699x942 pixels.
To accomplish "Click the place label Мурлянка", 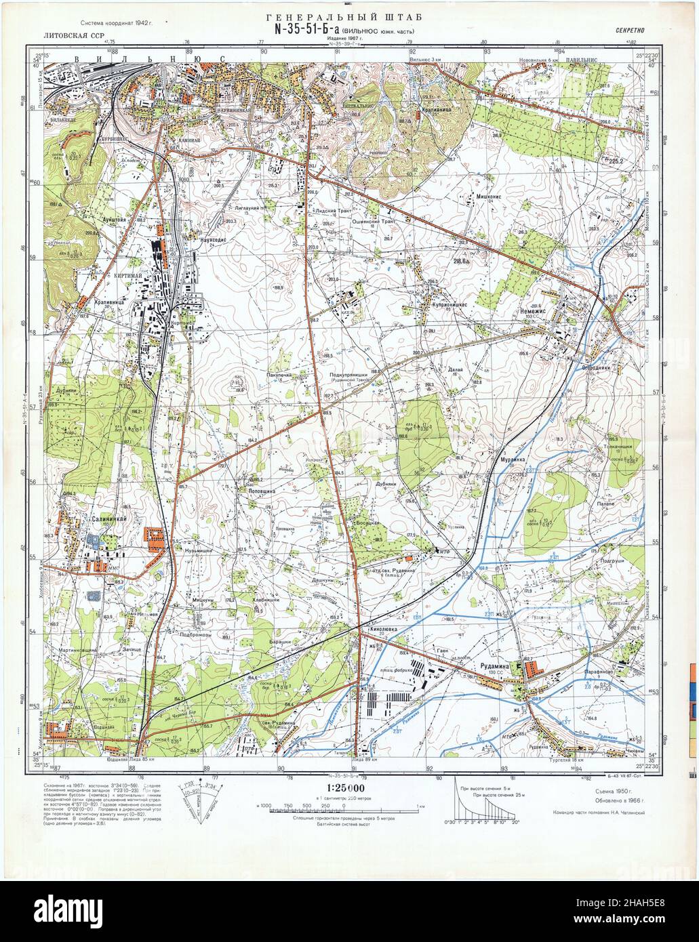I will click(x=513, y=459).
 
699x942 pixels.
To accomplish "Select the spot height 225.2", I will click(x=616, y=161).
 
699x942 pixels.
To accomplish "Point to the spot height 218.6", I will click(x=463, y=260).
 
